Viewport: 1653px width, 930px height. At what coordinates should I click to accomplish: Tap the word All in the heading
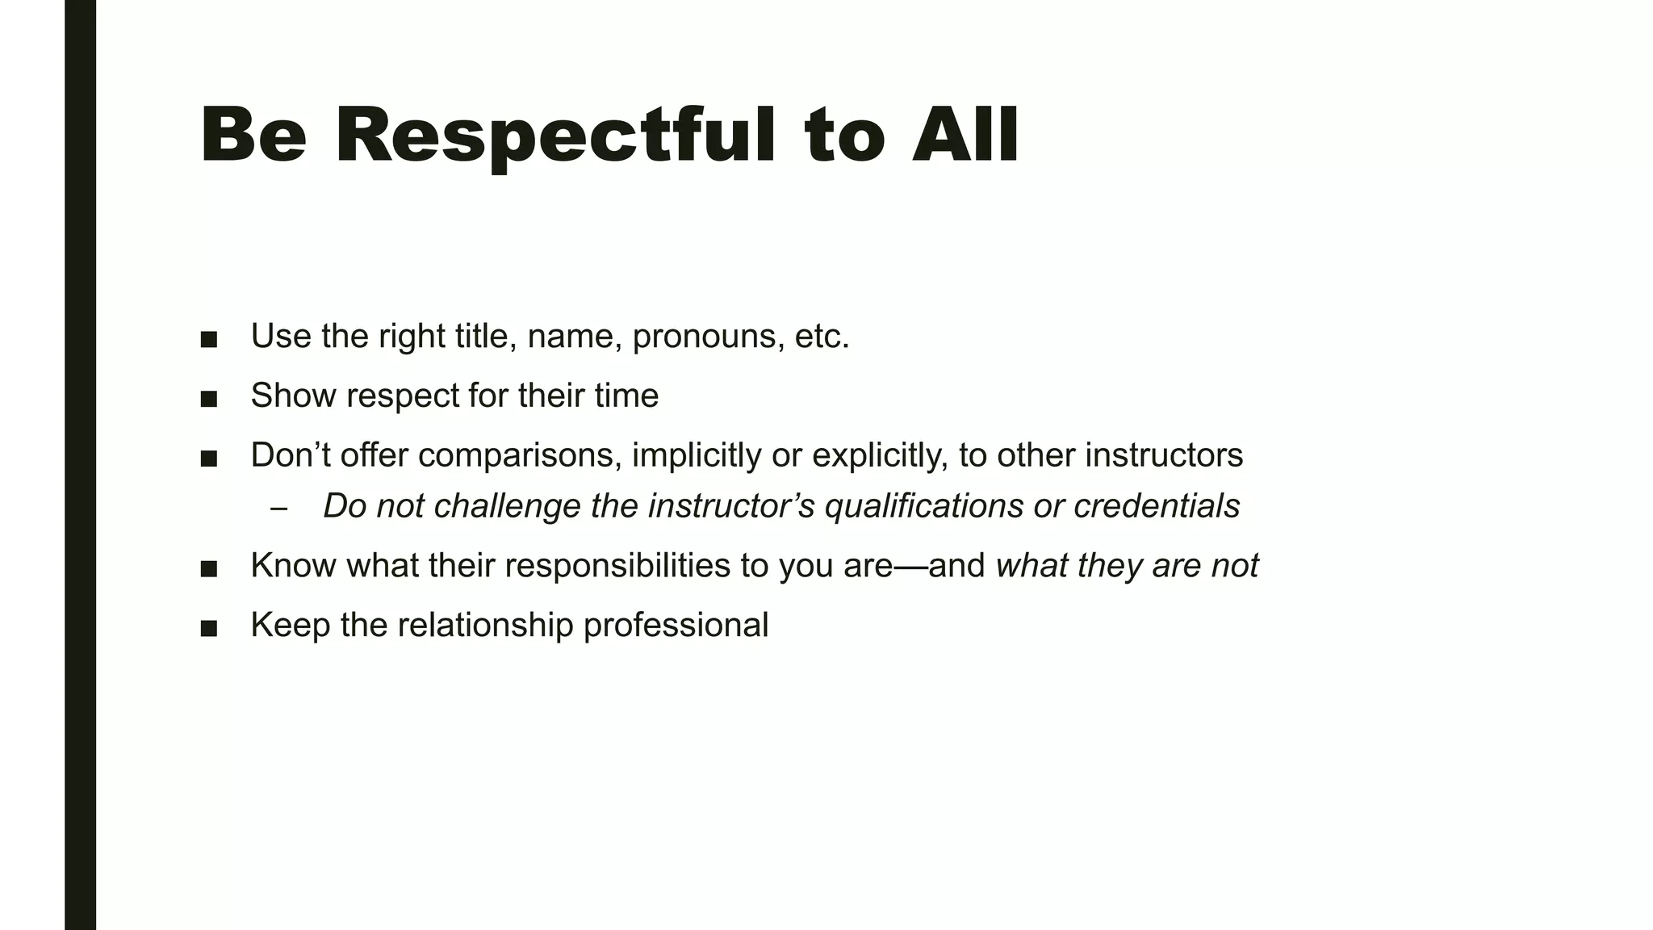tap(965, 134)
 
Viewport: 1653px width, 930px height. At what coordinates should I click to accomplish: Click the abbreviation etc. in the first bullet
tap(822, 337)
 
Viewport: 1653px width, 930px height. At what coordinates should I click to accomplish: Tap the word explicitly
tap(878, 455)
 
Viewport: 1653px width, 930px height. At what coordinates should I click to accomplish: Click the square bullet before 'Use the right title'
tap(209, 340)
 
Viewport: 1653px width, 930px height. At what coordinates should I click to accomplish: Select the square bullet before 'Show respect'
tap(209, 399)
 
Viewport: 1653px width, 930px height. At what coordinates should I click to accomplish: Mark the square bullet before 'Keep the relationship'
tap(209, 628)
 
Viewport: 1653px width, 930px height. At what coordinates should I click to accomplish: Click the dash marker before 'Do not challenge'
tap(279, 509)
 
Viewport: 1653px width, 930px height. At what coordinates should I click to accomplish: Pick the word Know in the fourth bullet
tap(294, 565)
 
